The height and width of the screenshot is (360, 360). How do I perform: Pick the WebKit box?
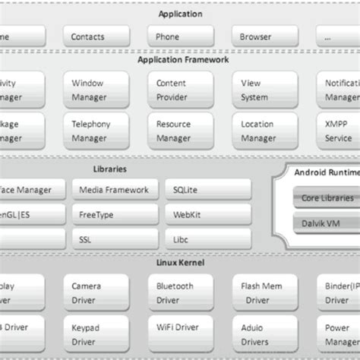[x=207, y=215]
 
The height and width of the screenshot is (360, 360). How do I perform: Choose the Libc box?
[x=207, y=240]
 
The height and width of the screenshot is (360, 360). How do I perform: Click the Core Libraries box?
[x=326, y=198]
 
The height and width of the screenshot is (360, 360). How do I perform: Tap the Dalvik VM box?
[x=326, y=225]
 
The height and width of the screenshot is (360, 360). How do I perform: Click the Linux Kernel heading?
[x=179, y=263]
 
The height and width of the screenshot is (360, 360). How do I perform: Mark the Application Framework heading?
[x=179, y=58]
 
